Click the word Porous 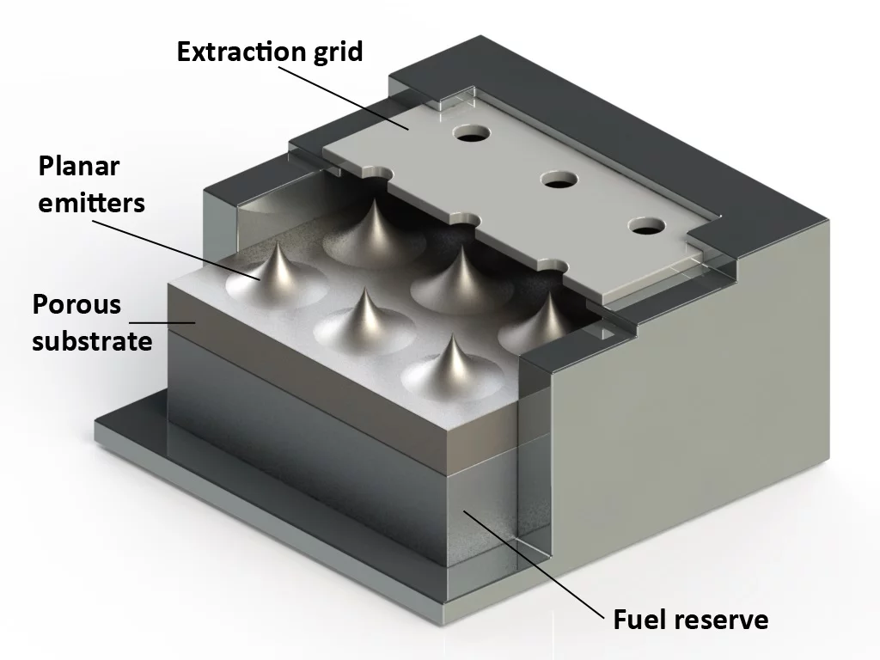click(77, 304)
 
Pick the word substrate click(92, 340)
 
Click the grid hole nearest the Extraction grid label click(471, 134)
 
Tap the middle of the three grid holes click(558, 180)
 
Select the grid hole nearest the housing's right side click(646, 227)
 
